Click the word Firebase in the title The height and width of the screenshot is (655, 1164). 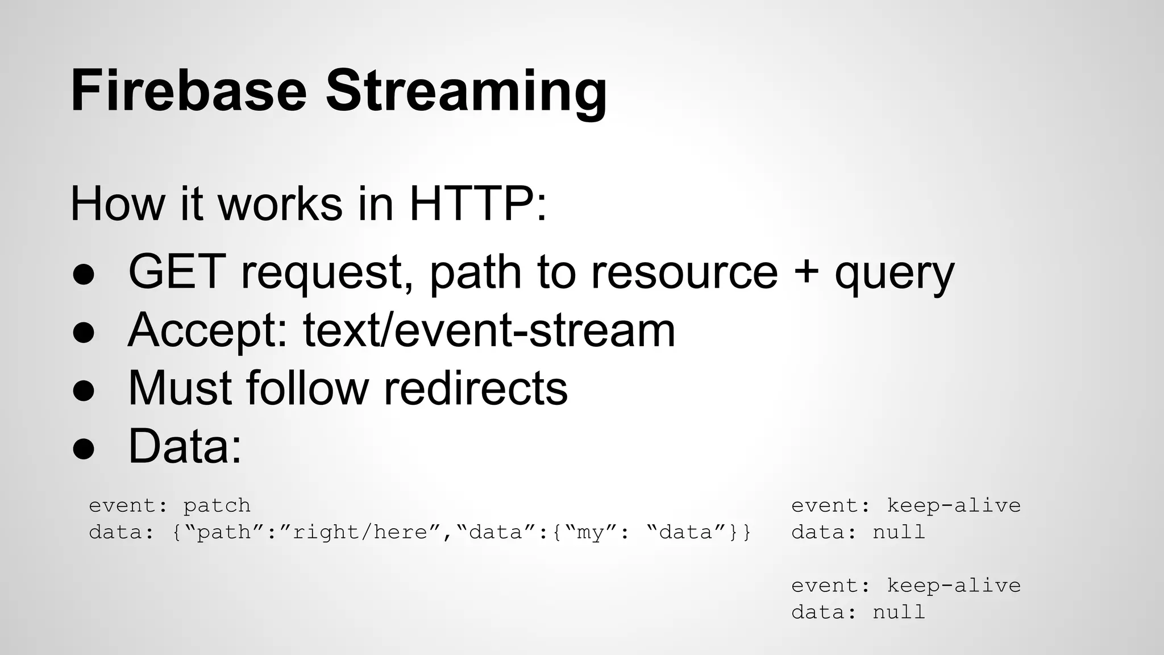189,91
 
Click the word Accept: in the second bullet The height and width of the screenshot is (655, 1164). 207,331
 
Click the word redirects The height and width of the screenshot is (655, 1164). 476,388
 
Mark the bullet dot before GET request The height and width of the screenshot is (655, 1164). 84,275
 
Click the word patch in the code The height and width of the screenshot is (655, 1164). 217,505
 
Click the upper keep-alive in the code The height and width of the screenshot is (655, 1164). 953,505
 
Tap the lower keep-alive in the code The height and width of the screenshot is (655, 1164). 953,585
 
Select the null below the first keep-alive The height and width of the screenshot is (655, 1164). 899,532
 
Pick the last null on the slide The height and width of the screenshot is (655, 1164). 899,612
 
